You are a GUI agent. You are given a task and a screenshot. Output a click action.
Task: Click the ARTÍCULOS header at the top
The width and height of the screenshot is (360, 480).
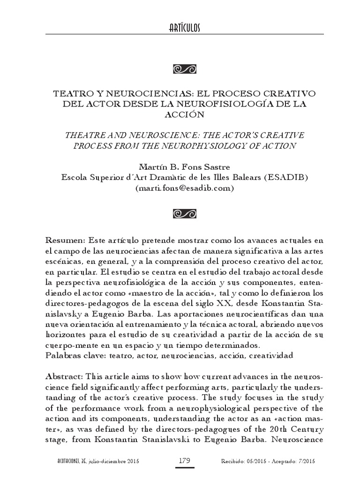point(184,29)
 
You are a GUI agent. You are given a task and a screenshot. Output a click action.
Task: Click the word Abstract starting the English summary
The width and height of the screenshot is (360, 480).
point(64,377)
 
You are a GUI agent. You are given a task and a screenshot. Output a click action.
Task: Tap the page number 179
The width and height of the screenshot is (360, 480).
point(184,461)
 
